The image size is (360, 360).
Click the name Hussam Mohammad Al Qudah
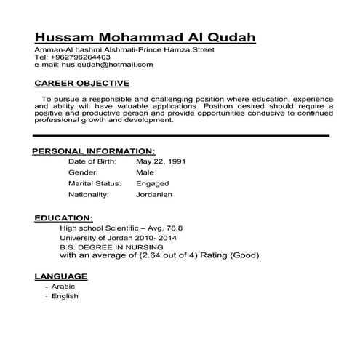(145, 37)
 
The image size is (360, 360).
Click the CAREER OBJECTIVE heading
(82, 83)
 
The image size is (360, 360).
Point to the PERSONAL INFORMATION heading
(90, 151)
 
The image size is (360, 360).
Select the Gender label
(82, 172)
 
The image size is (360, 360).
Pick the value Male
(144, 172)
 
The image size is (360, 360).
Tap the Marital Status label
(94, 184)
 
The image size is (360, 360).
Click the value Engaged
(151, 184)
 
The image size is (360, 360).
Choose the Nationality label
(88, 195)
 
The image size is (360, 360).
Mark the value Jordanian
(153, 195)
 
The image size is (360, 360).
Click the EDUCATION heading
(63, 217)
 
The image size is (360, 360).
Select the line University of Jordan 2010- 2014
(117, 238)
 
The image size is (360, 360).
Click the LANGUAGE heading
(61, 276)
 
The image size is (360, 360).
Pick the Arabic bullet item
(63, 287)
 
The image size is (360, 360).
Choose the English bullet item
(64, 296)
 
